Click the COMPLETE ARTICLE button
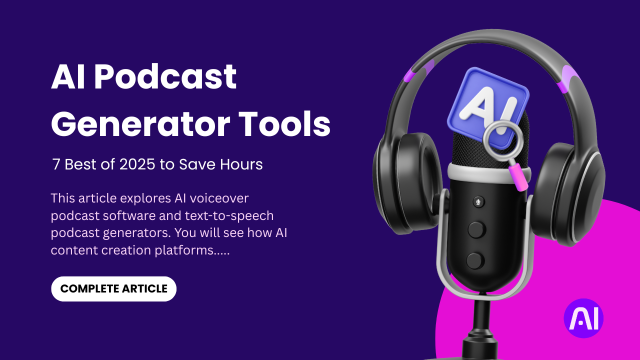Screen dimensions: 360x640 pyautogui.click(x=113, y=289)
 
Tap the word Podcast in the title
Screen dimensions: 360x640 pyautogui.click(x=165, y=77)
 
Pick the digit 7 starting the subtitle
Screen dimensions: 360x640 pyautogui.click(x=56, y=164)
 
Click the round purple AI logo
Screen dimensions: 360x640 pyautogui.click(x=583, y=318)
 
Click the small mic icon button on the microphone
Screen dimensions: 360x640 pyautogui.click(x=478, y=202)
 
